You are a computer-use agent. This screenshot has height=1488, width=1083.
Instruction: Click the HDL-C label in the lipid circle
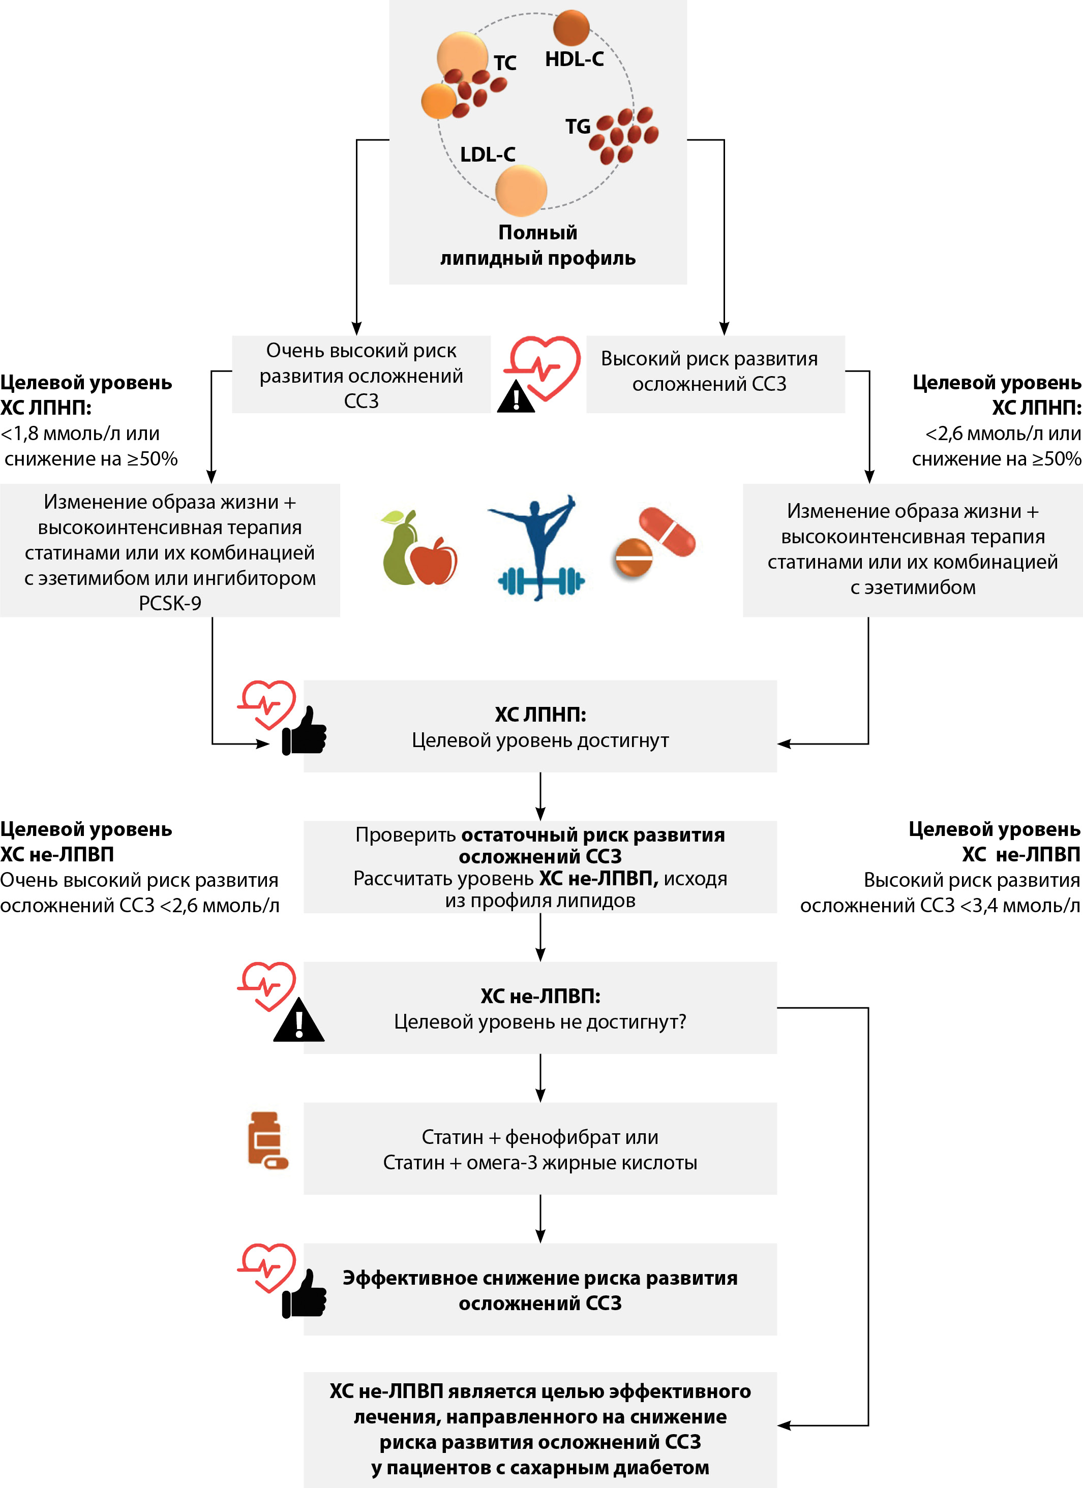[x=575, y=59]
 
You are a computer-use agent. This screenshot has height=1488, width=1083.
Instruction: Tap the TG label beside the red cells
[x=578, y=126]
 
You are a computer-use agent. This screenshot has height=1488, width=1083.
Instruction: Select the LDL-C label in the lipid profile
[x=488, y=155]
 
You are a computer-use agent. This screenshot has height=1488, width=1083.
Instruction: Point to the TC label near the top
[x=505, y=63]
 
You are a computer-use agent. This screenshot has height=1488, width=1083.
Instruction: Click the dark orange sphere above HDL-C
[x=571, y=27]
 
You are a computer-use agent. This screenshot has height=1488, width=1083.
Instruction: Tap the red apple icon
[x=434, y=561]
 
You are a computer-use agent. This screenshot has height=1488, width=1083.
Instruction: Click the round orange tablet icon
[x=634, y=559]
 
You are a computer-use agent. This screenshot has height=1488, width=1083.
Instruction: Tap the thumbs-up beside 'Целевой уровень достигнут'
[x=304, y=731]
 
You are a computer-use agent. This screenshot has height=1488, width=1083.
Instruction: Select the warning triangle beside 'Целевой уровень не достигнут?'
[x=298, y=1021]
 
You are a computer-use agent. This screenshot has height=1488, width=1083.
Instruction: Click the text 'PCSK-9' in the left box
[x=170, y=603]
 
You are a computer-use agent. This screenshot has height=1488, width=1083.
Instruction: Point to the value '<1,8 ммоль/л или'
[x=80, y=433]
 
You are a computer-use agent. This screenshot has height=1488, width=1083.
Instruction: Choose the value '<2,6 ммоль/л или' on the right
[x=1002, y=433]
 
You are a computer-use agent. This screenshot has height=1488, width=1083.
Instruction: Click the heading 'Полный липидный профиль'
[x=537, y=245]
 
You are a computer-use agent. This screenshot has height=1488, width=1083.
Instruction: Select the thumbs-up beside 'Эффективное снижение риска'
[x=304, y=1294]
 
